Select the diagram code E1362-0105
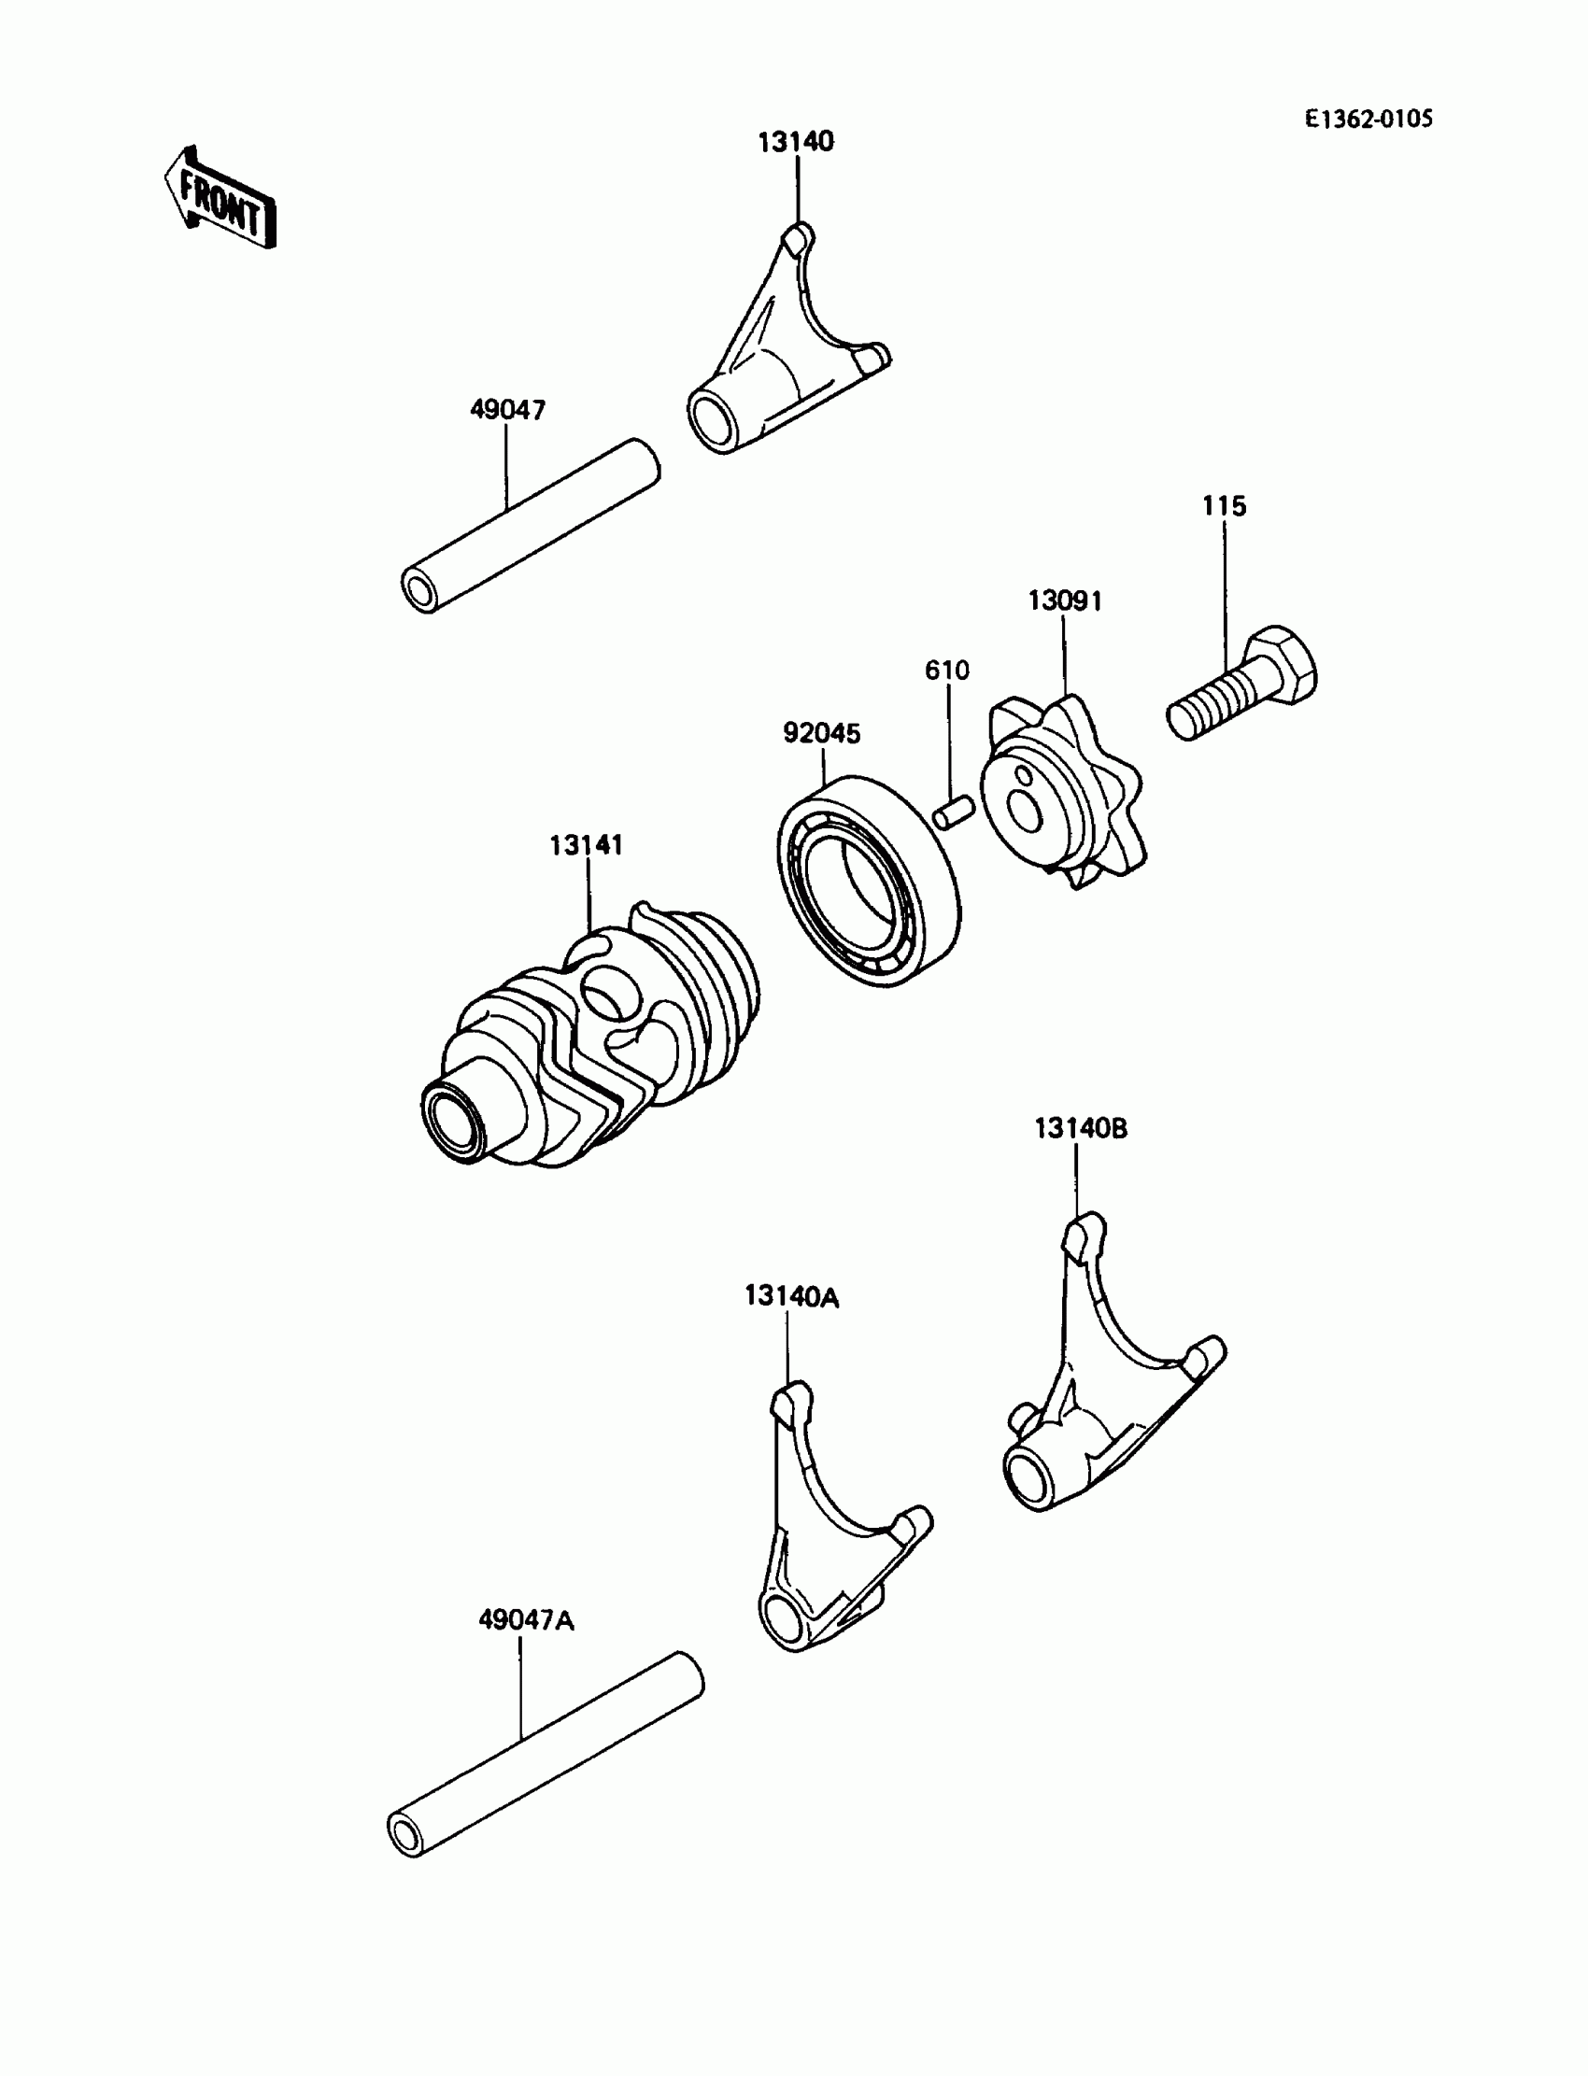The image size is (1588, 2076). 1368,119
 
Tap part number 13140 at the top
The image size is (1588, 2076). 796,142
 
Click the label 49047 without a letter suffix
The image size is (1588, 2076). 507,410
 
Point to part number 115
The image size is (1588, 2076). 1224,506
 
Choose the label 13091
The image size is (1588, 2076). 1065,601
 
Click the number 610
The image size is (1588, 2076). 947,670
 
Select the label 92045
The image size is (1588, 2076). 821,733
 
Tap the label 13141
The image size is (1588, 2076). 586,845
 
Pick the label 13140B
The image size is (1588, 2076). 1081,1128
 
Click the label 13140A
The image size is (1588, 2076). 791,1296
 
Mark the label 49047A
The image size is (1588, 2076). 526,1619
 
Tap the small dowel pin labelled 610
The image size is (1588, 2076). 953,812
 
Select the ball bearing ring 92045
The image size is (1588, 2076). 868,881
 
